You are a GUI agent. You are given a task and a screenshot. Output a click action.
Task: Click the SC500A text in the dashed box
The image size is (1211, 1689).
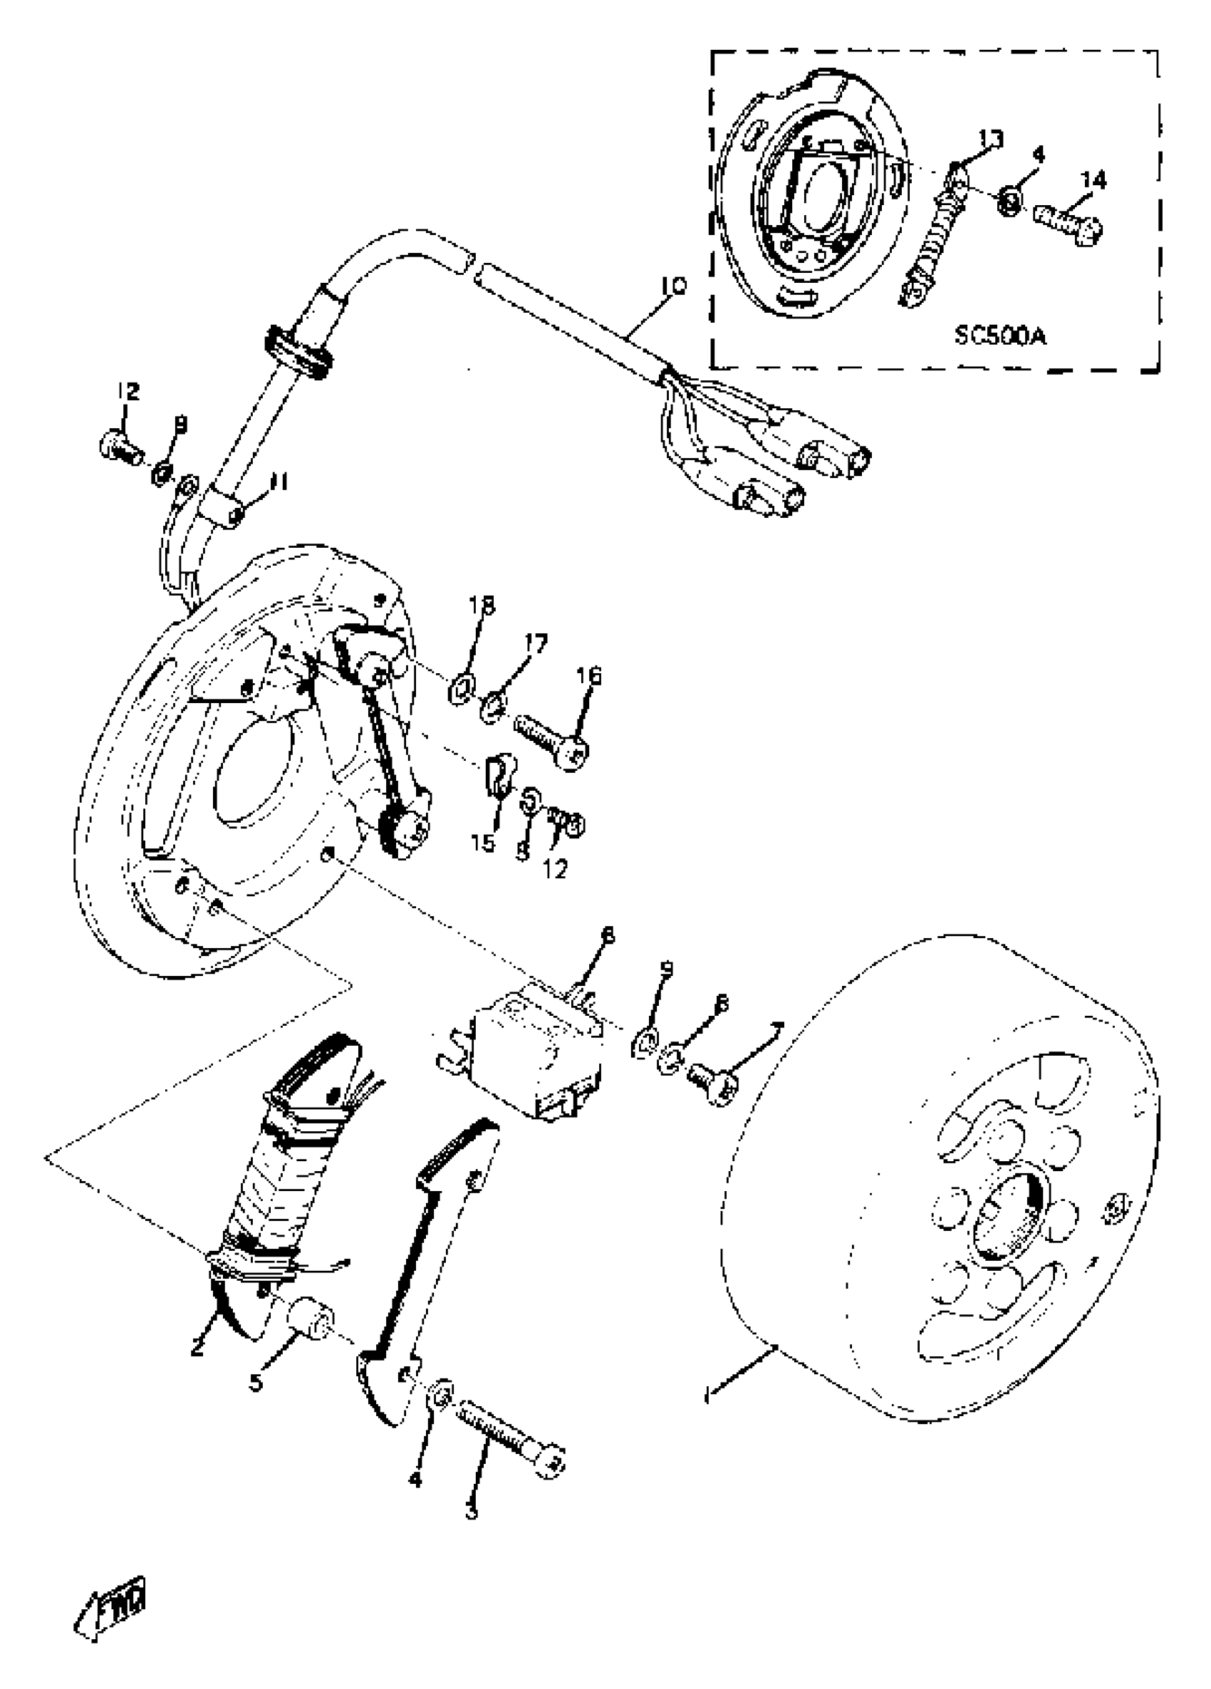[x=999, y=337]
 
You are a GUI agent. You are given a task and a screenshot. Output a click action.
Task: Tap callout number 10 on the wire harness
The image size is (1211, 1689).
[x=672, y=286]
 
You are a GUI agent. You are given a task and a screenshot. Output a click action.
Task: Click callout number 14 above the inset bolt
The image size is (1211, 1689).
[x=1094, y=180]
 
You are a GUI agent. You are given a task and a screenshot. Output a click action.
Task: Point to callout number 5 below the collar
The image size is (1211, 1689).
[x=256, y=1382]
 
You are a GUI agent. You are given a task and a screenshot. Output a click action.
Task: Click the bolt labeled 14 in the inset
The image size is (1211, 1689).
[x=1067, y=219]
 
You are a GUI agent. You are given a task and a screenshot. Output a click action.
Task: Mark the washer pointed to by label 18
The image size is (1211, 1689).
[x=458, y=687]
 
